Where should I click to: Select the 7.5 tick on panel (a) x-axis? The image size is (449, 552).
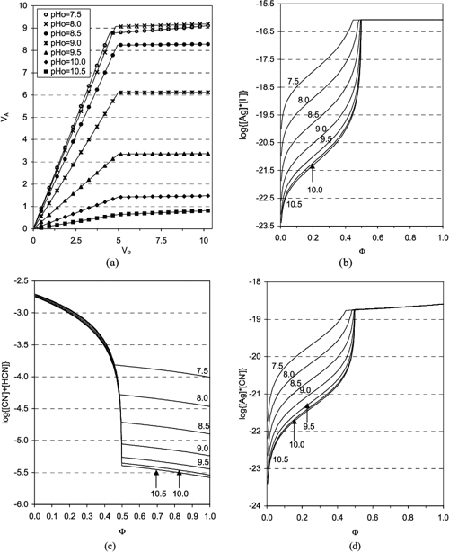pyautogui.click(x=166, y=242)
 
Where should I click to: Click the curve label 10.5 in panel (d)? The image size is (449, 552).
pyautogui.click(x=282, y=459)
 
